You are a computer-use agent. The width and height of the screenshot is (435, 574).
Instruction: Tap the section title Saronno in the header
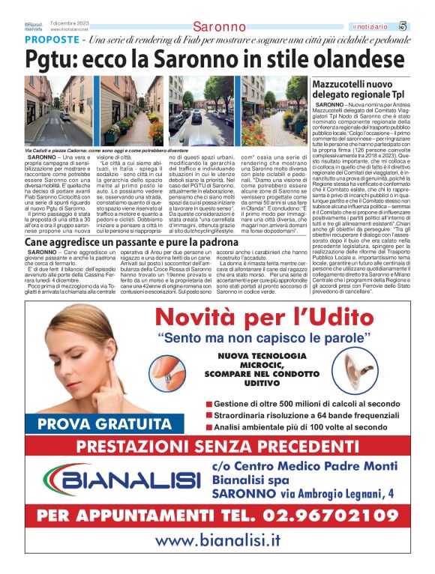(x=218, y=27)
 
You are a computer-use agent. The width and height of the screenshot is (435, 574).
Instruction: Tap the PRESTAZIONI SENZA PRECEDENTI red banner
(x=217, y=448)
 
